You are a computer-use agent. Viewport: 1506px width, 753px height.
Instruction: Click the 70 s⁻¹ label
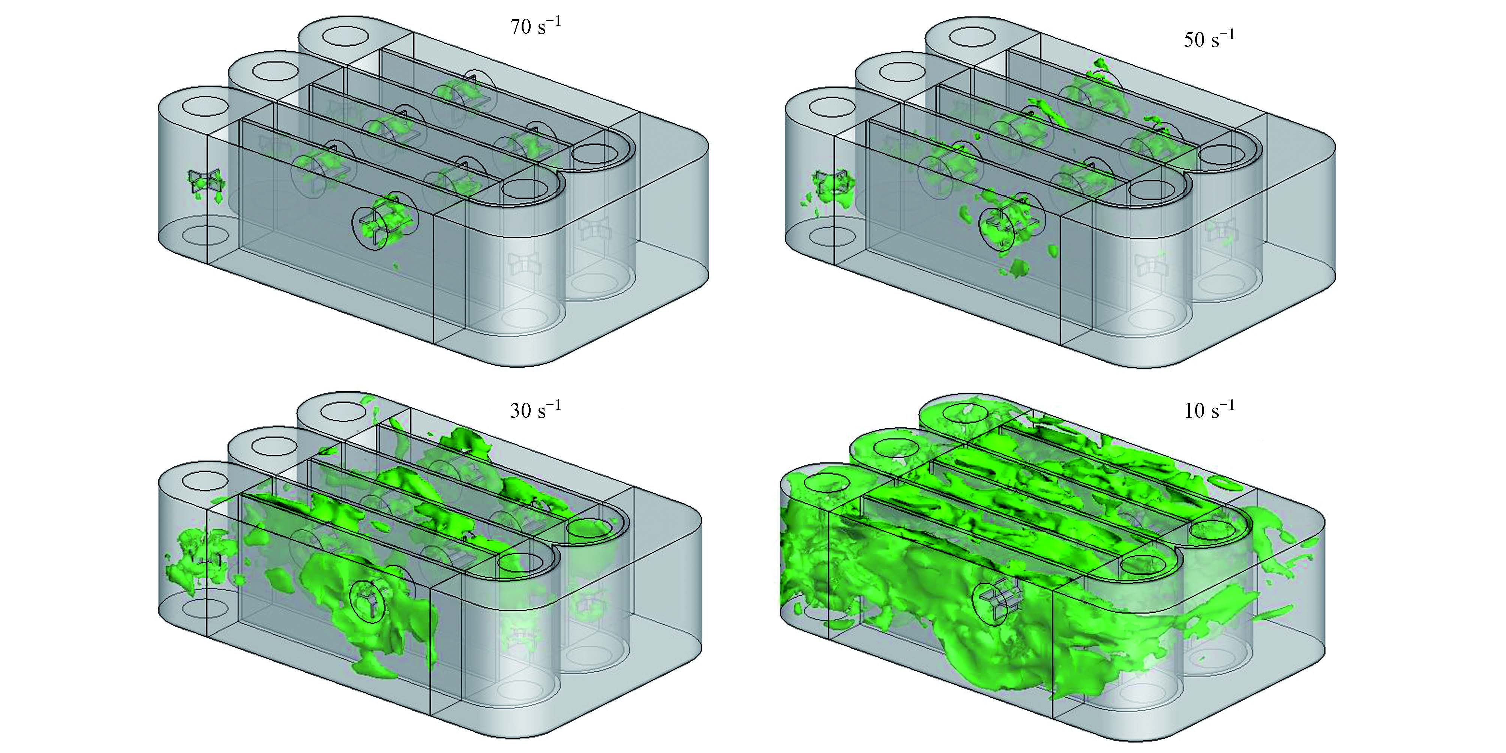pos(535,26)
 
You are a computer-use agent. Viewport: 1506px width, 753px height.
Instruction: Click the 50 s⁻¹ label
pos(1209,39)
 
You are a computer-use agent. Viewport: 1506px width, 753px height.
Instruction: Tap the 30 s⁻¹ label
pos(535,410)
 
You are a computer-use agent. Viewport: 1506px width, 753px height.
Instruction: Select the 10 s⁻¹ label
pos(1209,410)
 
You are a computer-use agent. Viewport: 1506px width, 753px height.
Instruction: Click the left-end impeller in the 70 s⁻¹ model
pos(206,182)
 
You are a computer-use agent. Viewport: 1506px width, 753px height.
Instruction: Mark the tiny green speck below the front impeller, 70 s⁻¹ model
pos(396,267)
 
